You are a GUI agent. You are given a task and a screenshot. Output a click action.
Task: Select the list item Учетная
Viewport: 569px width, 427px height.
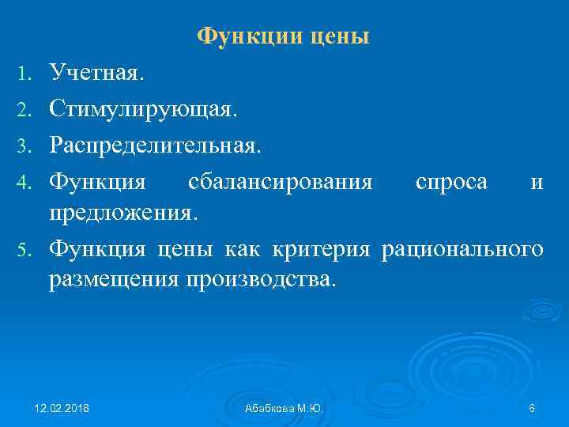pyautogui.click(x=96, y=74)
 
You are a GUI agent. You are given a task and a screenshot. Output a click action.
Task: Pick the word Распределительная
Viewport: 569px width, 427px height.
pyautogui.click(x=153, y=145)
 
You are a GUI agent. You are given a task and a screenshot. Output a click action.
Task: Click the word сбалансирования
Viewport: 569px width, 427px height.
pyautogui.click(x=281, y=183)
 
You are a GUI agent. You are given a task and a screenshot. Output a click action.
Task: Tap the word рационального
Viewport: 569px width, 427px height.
pyautogui.click(x=462, y=249)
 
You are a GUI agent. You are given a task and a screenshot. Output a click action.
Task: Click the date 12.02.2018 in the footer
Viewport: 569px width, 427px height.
pyautogui.click(x=62, y=408)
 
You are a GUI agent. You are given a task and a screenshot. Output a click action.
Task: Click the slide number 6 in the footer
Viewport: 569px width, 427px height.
pyautogui.click(x=532, y=408)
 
